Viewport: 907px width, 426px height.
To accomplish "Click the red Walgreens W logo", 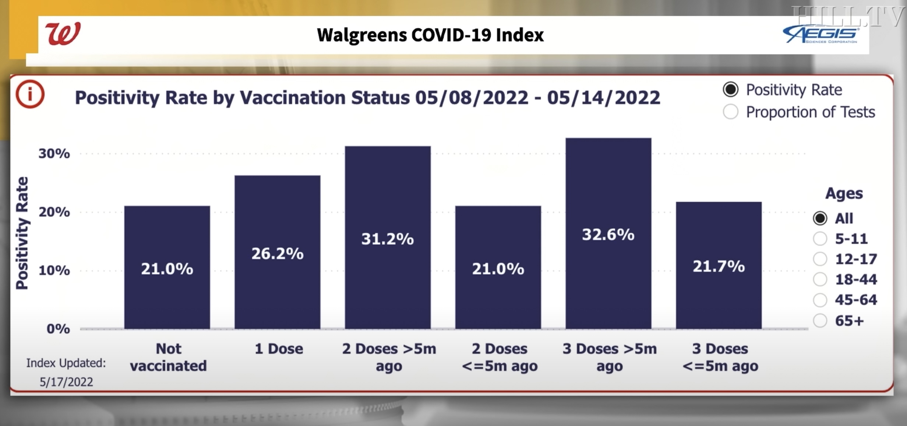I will pyautogui.click(x=63, y=34).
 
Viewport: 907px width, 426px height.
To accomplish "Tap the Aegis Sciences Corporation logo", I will pyautogui.click(x=821, y=35).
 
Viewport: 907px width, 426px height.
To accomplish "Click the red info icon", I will pyautogui.click(x=30, y=94).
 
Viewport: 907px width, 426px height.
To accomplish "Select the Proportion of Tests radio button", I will pyautogui.click(x=730, y=112).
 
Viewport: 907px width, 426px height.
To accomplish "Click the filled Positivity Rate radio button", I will pyautogui.click(x=730, y=90).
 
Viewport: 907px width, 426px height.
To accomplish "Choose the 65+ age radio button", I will pyautogui.click(x=820, y=321).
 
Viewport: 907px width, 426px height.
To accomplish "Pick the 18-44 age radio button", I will pyautogui.click(x=820, y=279).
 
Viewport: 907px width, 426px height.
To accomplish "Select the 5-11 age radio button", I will pyautogui.click(x=820, y=238).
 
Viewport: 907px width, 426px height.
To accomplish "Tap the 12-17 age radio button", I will pyautogui.click(x=820, y=259).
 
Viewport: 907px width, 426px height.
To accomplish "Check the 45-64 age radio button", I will pyautogui.click(x=820, y=300).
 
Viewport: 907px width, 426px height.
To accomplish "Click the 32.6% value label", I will pyautogui.click(x=608, y=234).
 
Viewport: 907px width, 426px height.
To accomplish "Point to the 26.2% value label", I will pyautogui.click(x=277, y=254).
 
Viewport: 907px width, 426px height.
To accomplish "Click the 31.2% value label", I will pyautogui.click(x=387, y=239).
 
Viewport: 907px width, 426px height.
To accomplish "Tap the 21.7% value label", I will pyautogui.click(x=719, y=266).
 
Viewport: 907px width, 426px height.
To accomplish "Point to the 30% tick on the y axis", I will pyautogui.click(x=54, y=153).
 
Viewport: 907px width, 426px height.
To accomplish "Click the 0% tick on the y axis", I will pyautogui.click(x=58, y=328).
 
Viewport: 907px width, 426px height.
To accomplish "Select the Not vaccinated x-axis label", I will pyautogui.click(x=168, y=357).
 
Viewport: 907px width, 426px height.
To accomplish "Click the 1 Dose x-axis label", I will pyautogui.click(x=279, y=349).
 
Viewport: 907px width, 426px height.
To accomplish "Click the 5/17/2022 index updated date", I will pyautogui.click(x=66, y=382).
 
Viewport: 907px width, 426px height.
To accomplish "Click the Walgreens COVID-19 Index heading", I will pyautogui.click(x=430, y=35).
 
